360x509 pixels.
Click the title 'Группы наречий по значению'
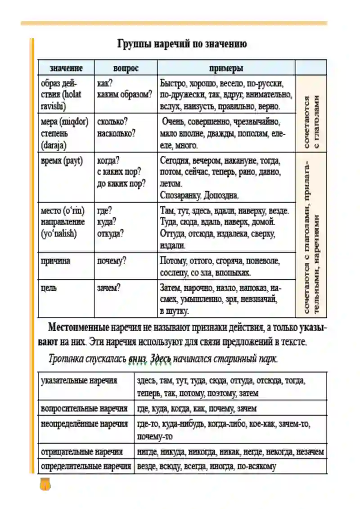pyautogui.click(x=182, y=45)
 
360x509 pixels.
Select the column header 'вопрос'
pyautogui.click(x=126, y=68)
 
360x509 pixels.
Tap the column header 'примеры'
pyautogui.click(x=226, y=68)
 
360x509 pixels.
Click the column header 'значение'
pyautogui.click(x=66, y=68)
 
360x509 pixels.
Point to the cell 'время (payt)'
pyautogui.click(x=62, y=161)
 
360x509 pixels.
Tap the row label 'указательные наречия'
pyautogui.click(x=79, y=381)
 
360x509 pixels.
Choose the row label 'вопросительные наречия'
pyautogui.click(x=84, y=409)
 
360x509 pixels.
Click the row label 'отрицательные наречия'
pyautogui.click(x=81, y=452)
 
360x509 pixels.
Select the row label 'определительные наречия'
pyautogui.click(x=85, y=466)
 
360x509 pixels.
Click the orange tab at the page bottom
pyautogui.click(x=45, y=484)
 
